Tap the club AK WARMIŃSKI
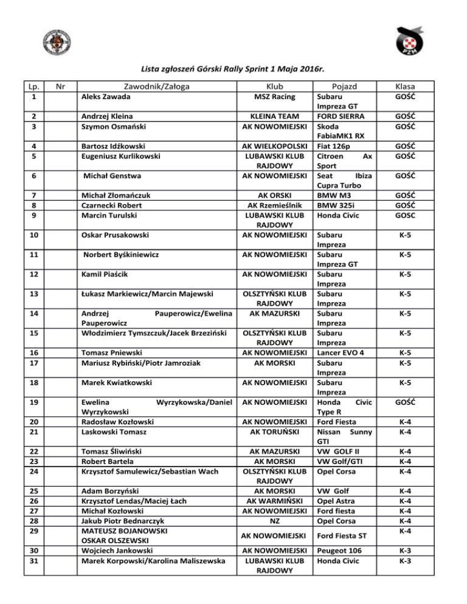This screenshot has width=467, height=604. coord(274,501)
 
